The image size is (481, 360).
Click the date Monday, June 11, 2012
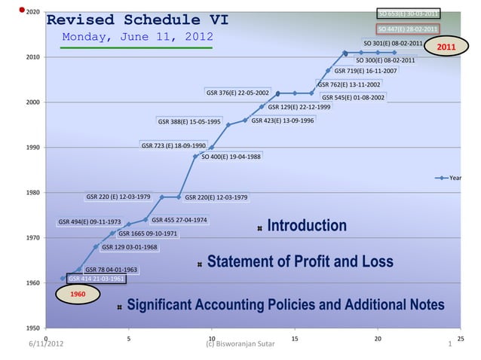(x=136, y=38)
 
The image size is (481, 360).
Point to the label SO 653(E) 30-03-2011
(x=407, y=14)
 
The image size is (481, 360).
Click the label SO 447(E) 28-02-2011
(x=407, y=29)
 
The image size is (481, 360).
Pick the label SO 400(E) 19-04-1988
(x=231, y=157)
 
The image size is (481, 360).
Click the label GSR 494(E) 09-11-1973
(x=89, y=222)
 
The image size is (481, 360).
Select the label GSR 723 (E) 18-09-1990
(x=173, y=145)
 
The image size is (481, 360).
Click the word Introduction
(x=307, y=226)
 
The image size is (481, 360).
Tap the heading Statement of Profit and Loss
(x=299, y=262)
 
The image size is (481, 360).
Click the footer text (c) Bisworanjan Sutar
(x=240, y=345)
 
